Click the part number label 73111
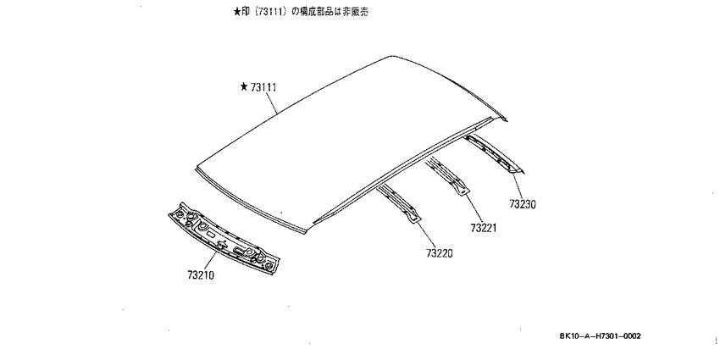263,87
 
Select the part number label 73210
201,275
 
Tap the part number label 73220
439,253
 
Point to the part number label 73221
484,227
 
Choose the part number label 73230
523,203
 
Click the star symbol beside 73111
244,86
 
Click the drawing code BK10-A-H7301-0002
601,336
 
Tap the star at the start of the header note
237,13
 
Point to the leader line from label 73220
426,235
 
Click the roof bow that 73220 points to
397,204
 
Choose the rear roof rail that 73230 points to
494,155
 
